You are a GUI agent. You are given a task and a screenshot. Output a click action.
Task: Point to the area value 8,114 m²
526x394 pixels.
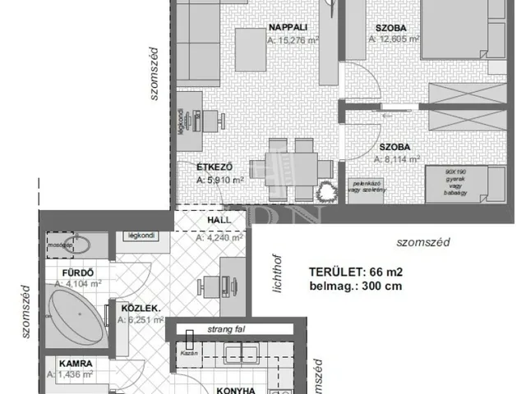click(x=397, y=160)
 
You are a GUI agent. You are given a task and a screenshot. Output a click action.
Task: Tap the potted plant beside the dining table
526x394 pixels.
click(x=328, y=191)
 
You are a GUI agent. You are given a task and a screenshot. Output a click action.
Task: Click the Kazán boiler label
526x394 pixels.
click(x=188, y=349)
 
